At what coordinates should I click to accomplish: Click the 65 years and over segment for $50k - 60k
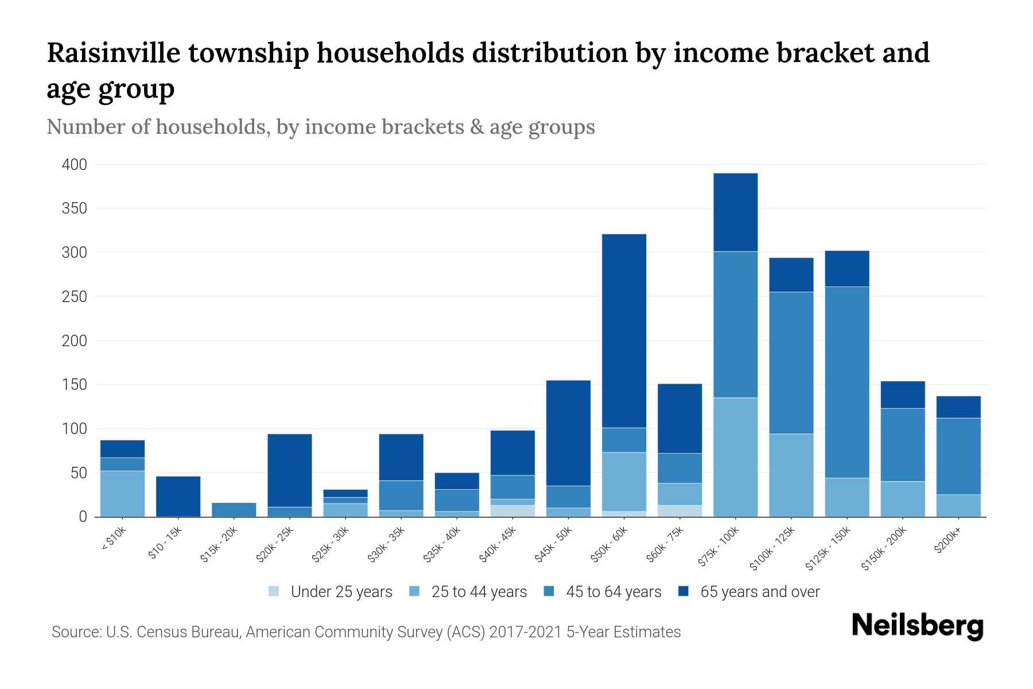[x=624, y=330]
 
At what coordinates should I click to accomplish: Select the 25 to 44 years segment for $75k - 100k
[x=735, y=457]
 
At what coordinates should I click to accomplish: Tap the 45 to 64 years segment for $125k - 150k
[x=846, y=382]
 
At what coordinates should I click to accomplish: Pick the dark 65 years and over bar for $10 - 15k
[x=178, y=496]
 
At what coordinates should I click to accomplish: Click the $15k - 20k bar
[x=234, y=509]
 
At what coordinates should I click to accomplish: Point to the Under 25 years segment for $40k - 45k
[x=512, y=511]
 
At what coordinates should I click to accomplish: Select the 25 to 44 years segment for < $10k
[x=122, y=494]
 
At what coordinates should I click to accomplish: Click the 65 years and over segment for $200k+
[x=958, y=407]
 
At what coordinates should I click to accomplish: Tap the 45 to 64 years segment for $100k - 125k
[x=791, y=363]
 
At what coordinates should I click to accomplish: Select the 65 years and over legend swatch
[x=683, y=591]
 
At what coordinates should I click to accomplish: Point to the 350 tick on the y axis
[x=75, y=208]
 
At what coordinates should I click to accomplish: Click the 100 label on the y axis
[x=75, y=429]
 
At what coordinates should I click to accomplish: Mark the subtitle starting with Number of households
[x=320, y=127]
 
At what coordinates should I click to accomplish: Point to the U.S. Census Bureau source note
[x=366, y=632]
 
